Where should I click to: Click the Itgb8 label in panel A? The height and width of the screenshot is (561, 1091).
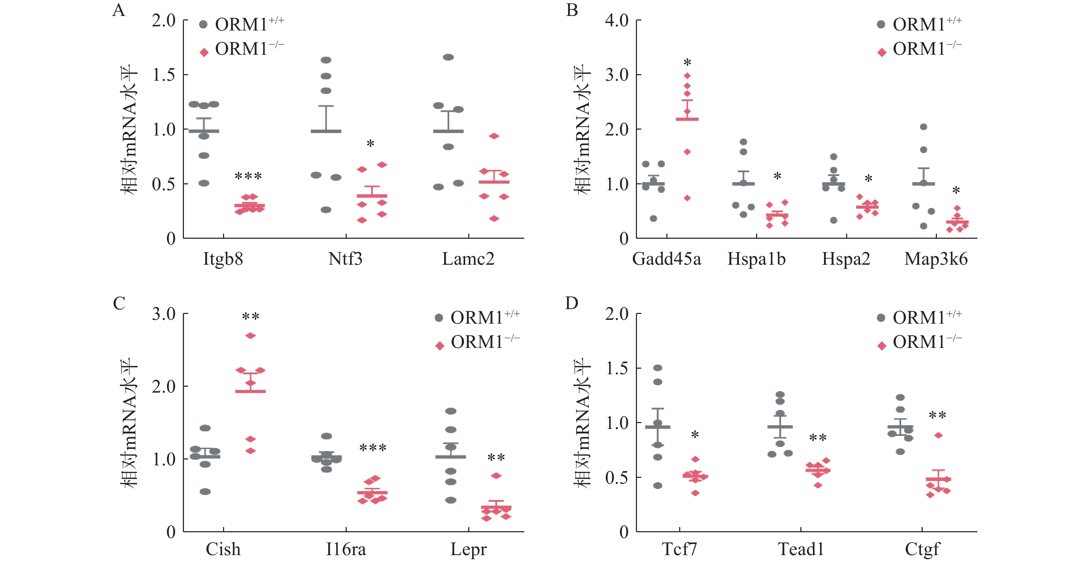pyautogui.click(x=223, y=259)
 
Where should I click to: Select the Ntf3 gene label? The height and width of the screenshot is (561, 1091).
pyautogui.click(x=345, y=259)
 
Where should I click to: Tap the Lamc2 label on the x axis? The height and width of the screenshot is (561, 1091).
pyautogui.click(x=468, y=259)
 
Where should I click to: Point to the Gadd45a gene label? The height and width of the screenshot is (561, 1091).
pyautogui.click(x=666, y=259)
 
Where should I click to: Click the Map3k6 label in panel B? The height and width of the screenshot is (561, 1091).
pyautogui.click(x=936, y=259)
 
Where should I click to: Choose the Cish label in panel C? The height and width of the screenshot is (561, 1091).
pyautogui.click(x=223, y=549)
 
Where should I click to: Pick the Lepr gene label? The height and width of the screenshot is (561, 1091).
pyautogui.click(x=468, y=549)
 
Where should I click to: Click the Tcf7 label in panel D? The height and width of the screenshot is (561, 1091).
pyautogui.click(x=679, y=549)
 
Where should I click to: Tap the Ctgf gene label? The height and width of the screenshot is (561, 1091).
pyautogui.click(x=922, y=549)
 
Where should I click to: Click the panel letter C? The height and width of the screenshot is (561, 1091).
pyautogui.click(x=119, y=304)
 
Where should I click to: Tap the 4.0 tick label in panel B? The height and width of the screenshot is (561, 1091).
pyautogui.click(x=617, y=20)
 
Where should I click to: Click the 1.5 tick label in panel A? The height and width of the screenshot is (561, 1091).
pyautogui.click(x=164, y=75)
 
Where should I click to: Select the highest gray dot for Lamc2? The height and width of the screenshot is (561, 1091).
pyautogui.click(x=448, y=57)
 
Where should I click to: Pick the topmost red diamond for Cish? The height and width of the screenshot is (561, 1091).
pyautogui.click(x=250, y=335)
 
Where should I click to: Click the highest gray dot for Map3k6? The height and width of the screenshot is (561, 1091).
pyautogui.click(x=924, y=127)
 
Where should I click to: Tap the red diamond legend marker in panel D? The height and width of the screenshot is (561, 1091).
pyautogui.click(x=882, y=346)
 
